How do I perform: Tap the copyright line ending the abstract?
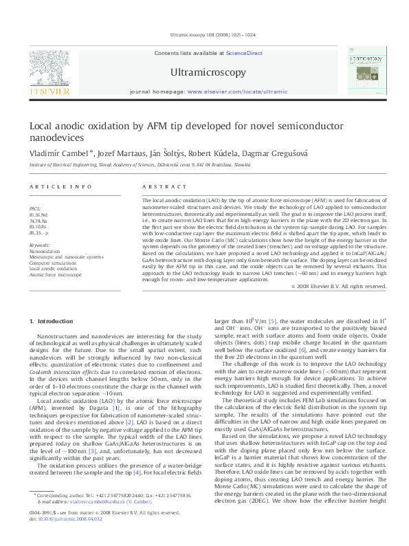pyautogui.click(x=334, y=285)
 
